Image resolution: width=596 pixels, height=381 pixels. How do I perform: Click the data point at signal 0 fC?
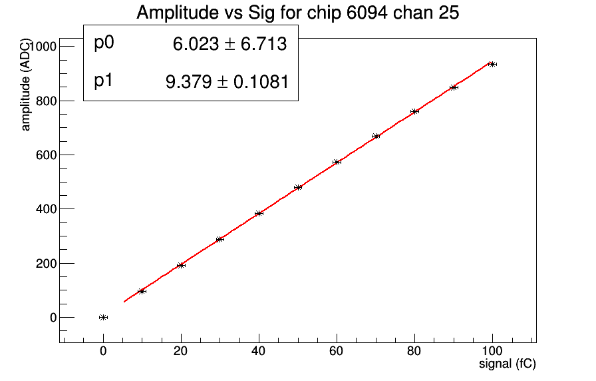coord(103,317)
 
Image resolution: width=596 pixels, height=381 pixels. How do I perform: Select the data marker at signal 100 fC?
coord(492,64)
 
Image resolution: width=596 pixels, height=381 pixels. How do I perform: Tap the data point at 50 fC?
coord(298,187)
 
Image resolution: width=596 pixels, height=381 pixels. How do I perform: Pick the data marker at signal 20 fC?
coord(181,265)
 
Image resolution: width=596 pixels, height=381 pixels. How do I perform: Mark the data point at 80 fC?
coord(414,111)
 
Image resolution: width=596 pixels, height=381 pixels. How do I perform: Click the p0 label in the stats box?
coord(104,43)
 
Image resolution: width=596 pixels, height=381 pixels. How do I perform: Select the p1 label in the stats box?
coord(104,81)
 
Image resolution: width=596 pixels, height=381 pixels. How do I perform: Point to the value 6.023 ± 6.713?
coord(229,45)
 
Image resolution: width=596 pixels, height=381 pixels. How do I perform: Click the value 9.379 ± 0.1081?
coord(226,82)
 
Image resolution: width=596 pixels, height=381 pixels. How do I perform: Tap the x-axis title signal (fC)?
coord(508,364)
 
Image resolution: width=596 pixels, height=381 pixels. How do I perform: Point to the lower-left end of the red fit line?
coord(124,302)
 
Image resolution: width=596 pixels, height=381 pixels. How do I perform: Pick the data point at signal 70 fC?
coord(376,136)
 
